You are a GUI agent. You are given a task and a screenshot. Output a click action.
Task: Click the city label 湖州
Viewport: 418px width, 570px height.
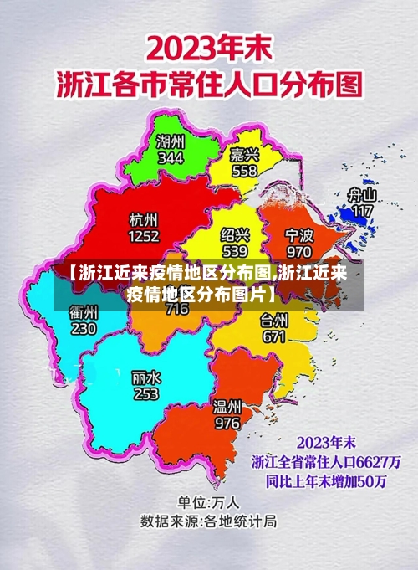(x=171, y=142)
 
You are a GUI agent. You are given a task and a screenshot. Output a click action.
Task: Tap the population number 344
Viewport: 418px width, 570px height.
(x=171, y=157)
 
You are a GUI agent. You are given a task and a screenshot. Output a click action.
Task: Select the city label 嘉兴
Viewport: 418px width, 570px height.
(x=244, y=155)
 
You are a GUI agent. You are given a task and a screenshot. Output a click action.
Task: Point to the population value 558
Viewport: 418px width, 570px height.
(x=244, y=171)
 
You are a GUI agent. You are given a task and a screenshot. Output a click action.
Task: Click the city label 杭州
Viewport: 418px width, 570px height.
(x=144, y=220)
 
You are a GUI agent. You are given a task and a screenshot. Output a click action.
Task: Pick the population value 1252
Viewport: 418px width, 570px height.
(x=144, y=236)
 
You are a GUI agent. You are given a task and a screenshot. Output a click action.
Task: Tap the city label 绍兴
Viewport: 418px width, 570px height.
(x=235, y=235)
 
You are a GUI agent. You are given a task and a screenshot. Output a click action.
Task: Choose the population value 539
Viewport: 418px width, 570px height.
(x=235, y=250)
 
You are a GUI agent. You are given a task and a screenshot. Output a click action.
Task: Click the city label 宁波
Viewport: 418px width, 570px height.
(x=298, y=235)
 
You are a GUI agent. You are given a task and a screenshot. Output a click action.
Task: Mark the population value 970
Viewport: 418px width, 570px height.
(x=298, y=250)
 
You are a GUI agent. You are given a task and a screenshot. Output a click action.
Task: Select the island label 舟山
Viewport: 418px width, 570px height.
(x=362, y=195)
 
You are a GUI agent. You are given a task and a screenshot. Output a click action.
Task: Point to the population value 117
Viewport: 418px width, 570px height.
(x=362, y=211)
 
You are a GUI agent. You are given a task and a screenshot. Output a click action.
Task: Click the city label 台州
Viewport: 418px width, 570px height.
(x=274, y=321)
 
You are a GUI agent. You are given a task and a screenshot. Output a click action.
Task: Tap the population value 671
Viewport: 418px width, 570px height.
(x=274, y=336)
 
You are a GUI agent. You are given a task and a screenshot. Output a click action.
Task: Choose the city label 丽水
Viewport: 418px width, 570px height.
(x=146, y=377)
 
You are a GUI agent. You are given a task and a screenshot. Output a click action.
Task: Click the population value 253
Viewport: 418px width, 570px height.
(x=146, y=393)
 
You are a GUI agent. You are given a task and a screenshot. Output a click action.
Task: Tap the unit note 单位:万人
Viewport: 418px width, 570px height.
(x=209, y=503)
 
